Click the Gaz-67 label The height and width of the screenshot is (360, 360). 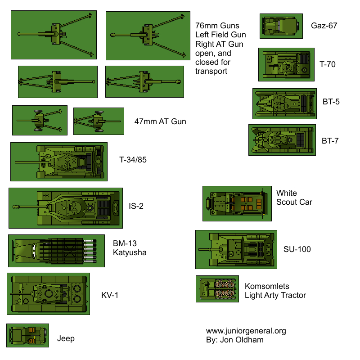pos(324,26)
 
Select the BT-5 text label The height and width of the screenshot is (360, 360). pos(331,101)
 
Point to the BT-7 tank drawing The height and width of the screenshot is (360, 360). pos(280,140)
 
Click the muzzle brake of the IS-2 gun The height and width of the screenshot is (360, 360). pos(17,207)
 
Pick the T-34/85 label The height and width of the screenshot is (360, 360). pos(133,160)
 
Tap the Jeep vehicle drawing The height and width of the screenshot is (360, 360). pos(27,336)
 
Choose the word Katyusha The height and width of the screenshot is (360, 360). pos(130,252)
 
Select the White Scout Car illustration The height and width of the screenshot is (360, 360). pos(237,203)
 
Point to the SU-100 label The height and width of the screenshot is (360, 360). pos(297,249)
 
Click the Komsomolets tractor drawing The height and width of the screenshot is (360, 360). pos(217,289)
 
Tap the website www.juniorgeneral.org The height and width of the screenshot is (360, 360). pos(246,331)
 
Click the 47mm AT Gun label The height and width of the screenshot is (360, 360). pos(160,121)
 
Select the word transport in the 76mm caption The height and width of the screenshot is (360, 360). pos(211,71)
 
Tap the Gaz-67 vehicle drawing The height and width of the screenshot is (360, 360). pos(280,26)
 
